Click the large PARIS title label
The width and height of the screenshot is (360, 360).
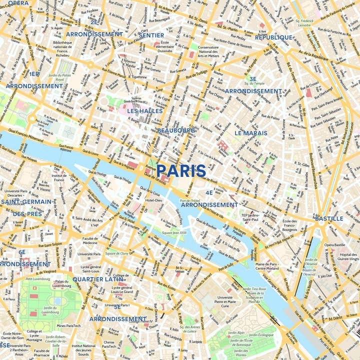pyautogui.click(x=181, y=171)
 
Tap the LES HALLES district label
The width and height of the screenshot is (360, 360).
pyautogui.click(x=145, y=110)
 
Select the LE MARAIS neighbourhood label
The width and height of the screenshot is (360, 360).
pyautogui.click(x=251, y=133)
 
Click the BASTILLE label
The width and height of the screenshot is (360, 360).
pyautogui.click(x=329, y=218)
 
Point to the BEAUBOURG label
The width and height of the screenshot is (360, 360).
pyautogui.click(x=176, y=130)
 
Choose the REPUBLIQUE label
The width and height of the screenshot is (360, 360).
pyautogui.click(x=273, y=37)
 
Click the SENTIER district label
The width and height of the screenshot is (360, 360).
pyautogui.click(x=151, y=35)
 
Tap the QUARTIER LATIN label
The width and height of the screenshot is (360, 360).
pyautogui.click(x=97, y=279)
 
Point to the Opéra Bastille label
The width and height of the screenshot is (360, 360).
pyautogui.click(x=334, y=245)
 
